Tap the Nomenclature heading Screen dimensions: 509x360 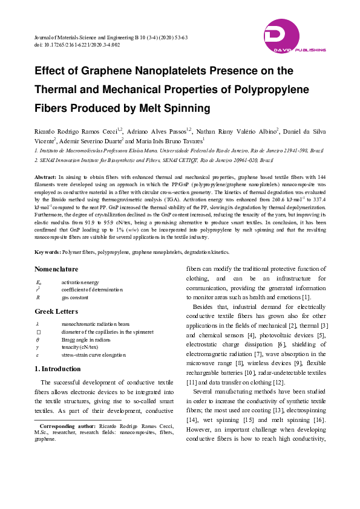point(56,269)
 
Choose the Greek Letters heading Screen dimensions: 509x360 point(56,311)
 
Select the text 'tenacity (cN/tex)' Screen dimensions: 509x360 point(81,348)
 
